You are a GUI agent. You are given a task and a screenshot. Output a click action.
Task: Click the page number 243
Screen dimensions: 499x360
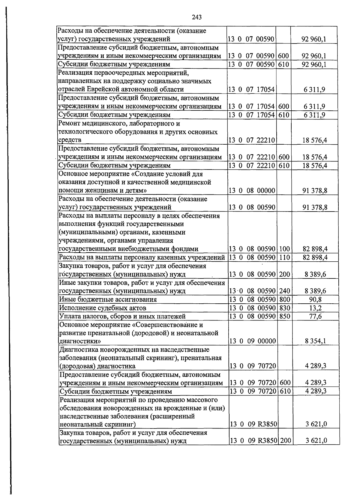click(x=196, y=17)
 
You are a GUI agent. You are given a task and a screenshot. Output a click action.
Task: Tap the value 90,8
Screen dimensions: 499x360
click(x=315, y=299)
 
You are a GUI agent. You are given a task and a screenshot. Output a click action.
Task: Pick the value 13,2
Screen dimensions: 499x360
click(x=315, y=308)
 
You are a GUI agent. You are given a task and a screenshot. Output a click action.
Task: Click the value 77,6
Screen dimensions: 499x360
click(x=315, y=316)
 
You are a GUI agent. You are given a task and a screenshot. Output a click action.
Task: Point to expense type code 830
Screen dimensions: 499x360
click(x=284, y=308)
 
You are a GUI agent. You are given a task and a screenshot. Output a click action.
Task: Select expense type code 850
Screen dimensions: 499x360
click(x=284, y=316)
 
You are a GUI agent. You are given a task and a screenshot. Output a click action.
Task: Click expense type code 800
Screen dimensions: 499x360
click(x=284, y=299)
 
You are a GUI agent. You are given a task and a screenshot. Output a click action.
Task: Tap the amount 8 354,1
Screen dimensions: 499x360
click(x=315, y=341)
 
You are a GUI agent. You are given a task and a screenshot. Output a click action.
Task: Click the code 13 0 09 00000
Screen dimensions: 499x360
click(x=252, y=341)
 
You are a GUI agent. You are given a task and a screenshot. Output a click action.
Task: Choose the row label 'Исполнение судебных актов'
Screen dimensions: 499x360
click(x=103, y=308)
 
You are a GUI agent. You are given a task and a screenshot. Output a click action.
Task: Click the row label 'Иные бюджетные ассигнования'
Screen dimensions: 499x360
click(x=108, y=299)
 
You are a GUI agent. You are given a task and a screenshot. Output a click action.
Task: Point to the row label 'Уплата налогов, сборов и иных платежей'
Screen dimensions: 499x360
click(x=122, y=316)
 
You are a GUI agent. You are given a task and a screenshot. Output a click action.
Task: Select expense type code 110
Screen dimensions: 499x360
click(x=284, y=257)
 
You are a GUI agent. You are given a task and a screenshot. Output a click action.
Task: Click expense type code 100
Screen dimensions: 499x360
click(x=284, y=249)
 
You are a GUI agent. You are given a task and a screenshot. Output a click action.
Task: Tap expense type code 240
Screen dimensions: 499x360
click(x=284, y=291)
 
